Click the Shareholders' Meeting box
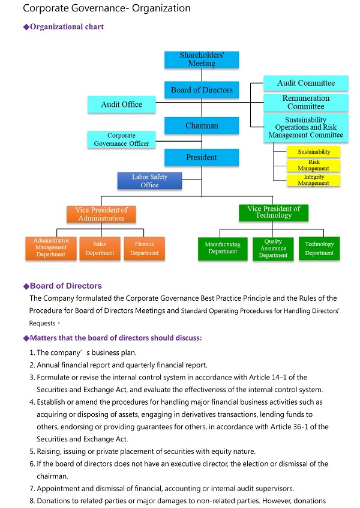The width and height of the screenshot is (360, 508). pos(202,59)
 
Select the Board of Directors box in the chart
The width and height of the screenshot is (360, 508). pos(202,90)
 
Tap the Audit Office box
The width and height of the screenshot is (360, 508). pos(122,104)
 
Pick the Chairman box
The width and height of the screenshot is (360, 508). pos(202,126)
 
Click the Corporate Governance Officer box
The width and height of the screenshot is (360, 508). pos(122,139)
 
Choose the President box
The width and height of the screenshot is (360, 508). pos(202,157)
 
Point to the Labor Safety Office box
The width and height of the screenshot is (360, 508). pos(149,181)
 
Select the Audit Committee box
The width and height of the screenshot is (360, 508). pos(306,83)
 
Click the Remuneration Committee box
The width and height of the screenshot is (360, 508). pos(306,102)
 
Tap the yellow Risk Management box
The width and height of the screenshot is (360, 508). pos(314,165)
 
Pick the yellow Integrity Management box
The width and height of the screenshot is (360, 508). pos(314,180)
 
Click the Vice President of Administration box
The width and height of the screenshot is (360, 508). pos(101,214)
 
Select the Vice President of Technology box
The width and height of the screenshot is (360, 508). pos(274,212)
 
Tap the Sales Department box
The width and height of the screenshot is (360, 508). pos(100,249)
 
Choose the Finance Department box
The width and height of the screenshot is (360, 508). pos(144,249)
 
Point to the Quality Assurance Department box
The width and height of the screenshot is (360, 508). pos(273,249)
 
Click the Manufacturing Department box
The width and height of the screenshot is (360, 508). pos(223,248)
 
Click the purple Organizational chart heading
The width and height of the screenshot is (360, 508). pos(67,27)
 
